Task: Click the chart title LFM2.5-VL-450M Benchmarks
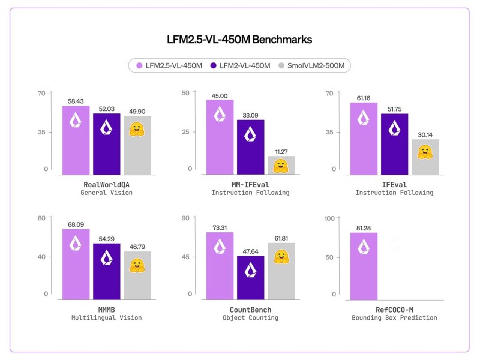point(239,40)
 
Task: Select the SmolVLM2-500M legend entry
point(311,65)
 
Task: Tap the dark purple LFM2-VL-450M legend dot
point(214,65)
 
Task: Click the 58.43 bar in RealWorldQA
point(76,140)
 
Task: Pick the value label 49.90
point(137,112)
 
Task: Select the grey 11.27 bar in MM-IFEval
point(281,166)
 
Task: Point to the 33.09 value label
point(250,115)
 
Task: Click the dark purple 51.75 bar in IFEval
point(395,144)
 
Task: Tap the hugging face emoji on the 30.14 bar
point(425,152)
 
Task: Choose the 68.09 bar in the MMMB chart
point(76,264)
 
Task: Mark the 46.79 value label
point(137,247)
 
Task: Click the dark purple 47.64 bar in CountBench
point(251,278)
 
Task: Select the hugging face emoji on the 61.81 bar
point(281,257)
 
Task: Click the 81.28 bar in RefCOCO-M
point(364,266)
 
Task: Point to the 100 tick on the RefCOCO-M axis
point(329,218)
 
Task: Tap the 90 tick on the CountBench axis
point(185,218)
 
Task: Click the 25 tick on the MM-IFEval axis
point(185,132)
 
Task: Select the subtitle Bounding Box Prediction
point(394,318)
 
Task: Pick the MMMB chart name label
point(107,310)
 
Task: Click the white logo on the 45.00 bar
point(220,114)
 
